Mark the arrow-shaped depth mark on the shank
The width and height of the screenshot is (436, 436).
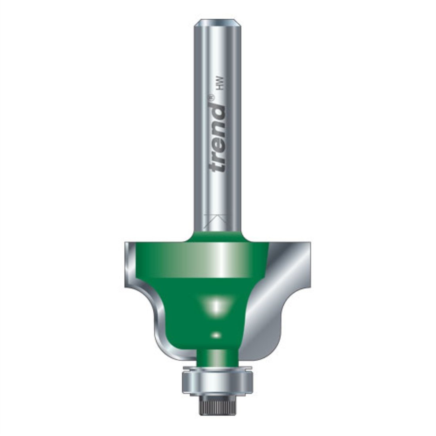(x=217, y=219)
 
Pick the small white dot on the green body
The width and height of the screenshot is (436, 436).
(x=216, y=335)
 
